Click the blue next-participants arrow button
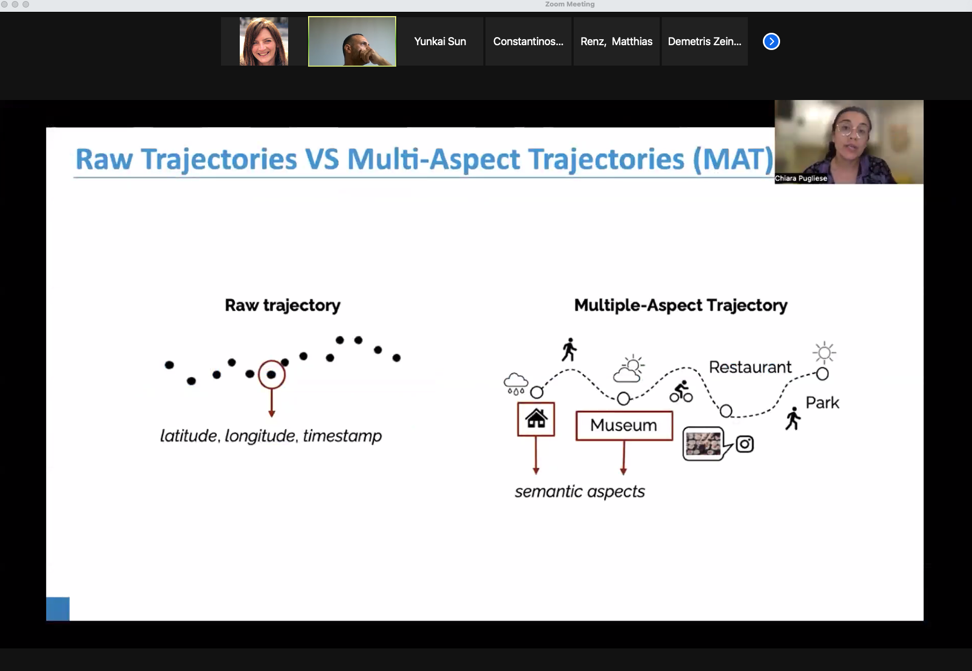771,41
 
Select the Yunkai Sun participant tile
440,41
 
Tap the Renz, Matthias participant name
617,41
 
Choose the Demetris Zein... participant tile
705,41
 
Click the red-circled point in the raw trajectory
271,374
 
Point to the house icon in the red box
536,418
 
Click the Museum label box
624,425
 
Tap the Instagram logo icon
745,444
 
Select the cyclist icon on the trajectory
681,391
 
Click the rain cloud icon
516,383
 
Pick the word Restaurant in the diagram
750,367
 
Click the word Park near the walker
822,403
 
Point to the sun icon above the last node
824,353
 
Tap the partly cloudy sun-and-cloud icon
629,368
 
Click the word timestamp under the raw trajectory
342,436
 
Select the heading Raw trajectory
283,305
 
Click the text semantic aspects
580,491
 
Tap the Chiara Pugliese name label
801,179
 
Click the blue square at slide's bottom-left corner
58,609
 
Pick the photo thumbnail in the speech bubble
703,444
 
